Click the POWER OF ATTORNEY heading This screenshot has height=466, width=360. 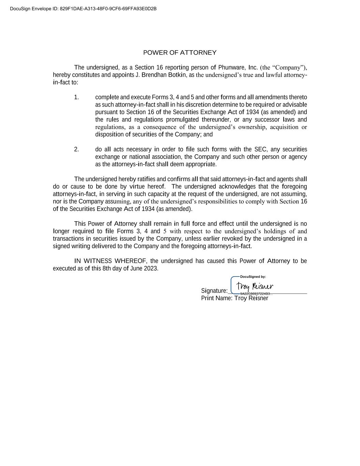(179, 53)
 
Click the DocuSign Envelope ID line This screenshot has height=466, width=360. (83, 9)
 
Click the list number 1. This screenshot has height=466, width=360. (76, 97)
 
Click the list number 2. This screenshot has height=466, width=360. (76, 149)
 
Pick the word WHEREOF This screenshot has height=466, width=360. (130, 261)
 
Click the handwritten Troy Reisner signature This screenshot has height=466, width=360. (255, 286)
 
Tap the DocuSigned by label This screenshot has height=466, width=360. (253, 277)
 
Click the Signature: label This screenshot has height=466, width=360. (214, 291)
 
